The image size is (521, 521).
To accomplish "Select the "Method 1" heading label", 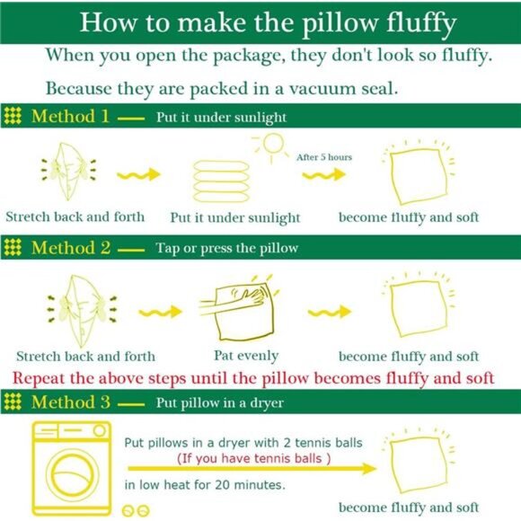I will [x=71, y=117].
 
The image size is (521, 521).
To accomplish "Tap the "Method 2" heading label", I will [x=71, y=248].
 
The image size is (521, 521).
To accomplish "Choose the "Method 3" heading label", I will [x=71, y=402].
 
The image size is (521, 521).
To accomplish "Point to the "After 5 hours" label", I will [x=324, y=157].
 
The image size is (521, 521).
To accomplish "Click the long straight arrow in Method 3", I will [x=252, y=469].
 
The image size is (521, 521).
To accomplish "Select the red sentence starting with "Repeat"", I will [x=252, y=377].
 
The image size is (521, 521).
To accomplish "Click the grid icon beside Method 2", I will [x=13, y=248].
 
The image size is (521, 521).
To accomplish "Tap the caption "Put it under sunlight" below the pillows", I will [x=234, y=217].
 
